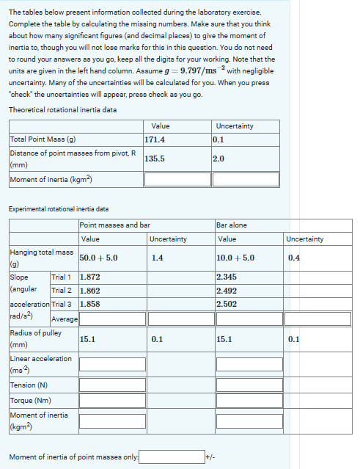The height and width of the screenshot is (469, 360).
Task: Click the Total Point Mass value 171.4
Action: coord(155,139)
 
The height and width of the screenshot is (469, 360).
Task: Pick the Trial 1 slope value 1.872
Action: coord(90,277)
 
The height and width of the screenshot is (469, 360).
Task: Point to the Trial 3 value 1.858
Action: coord(90,304)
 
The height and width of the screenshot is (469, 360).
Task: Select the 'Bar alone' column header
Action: coord(232,225)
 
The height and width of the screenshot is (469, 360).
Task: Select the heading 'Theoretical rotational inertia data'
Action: coord(62,110)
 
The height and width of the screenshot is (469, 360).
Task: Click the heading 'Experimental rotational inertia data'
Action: coord(59,209)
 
